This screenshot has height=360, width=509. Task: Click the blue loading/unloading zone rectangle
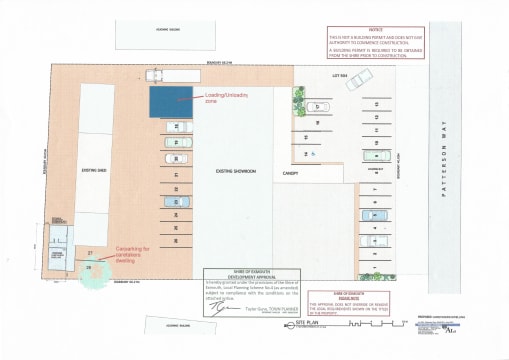170,101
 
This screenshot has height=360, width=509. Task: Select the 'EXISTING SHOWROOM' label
237,173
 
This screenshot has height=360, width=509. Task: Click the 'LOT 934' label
339,76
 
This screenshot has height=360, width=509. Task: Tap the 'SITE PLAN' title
306,325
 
